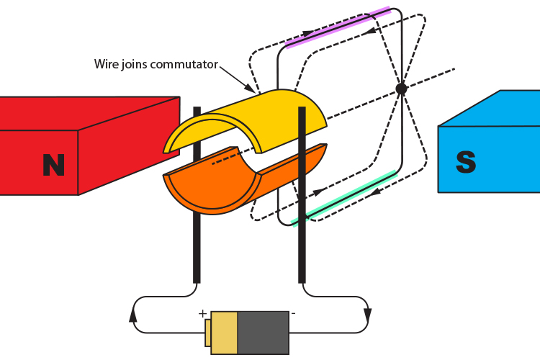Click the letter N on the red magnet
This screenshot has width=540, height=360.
tap(53, 165)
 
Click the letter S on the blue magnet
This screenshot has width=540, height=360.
tap(466, 162)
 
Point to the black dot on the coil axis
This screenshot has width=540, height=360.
tap(401, 89)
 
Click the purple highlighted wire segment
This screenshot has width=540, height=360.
tap(338, 28)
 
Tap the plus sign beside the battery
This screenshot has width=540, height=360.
tap(202, 314)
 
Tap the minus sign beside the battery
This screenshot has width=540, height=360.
tap(293, 314)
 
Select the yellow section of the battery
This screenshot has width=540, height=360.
tap(224, 333)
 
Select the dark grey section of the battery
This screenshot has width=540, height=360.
tap(263, 333)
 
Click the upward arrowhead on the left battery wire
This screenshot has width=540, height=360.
tap(133, 315)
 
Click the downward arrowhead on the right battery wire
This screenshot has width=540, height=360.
tap(367, 315)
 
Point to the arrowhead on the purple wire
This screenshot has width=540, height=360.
tap(308, 34)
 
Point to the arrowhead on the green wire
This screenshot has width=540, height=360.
tap(375, 192)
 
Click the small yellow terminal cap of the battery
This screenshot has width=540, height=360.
tap(207, 333)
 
